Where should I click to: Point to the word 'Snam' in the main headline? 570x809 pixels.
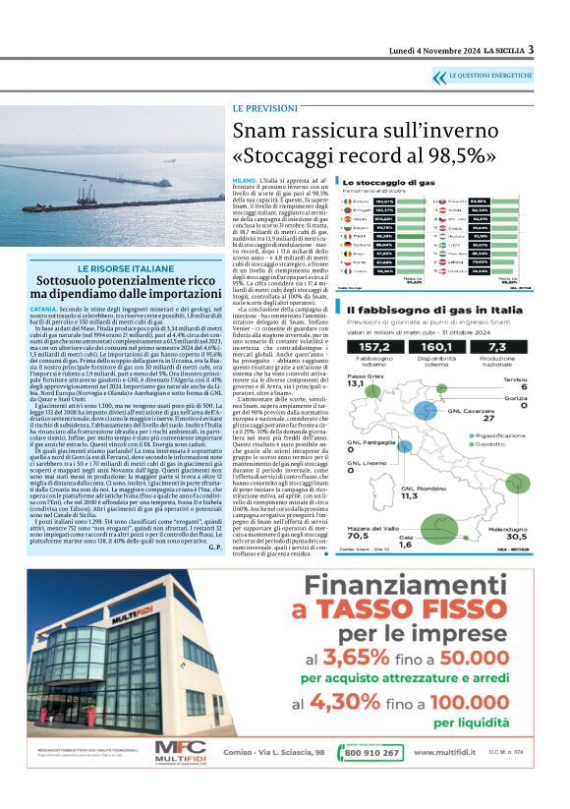pyautogui.click(x=259, y=131)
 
